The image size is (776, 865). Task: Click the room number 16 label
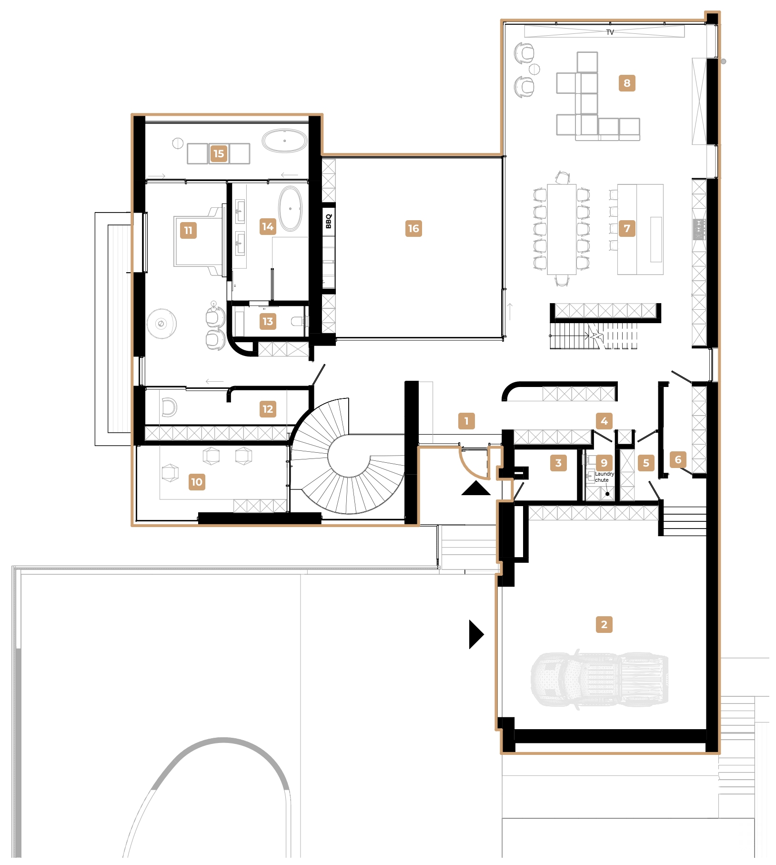(413, 228)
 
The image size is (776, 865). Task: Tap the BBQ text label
(329, 221)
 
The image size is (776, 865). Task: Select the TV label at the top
(610, 32)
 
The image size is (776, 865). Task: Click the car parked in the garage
(600, 679)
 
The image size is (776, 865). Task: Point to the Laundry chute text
(604, 477)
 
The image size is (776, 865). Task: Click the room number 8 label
(626, 83)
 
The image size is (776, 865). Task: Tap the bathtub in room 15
(284, 141)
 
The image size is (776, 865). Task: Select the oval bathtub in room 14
(290, 209)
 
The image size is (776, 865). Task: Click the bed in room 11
(198, 241)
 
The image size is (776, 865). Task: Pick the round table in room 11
(161, 324)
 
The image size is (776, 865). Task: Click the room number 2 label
(604, 624)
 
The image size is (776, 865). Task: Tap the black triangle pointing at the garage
(476, 634)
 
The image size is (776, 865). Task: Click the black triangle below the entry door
(475, 489)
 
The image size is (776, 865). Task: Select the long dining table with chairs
(562, 229)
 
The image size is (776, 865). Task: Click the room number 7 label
(626, 228)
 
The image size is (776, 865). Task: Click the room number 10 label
(197, 482)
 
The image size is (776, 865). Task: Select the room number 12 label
(268, 409)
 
